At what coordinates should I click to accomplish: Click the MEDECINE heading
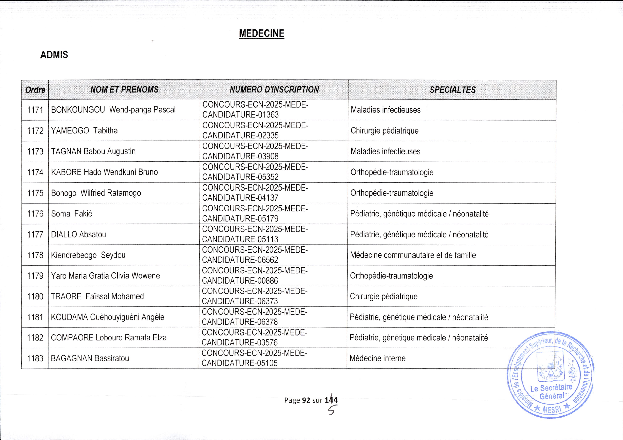[261, 33]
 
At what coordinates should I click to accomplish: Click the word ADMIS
[54, 55]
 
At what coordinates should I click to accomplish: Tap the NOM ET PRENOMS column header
[124, 90]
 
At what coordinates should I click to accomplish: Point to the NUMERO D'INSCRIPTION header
[274, 90]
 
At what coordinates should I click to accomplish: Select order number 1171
[35, 110]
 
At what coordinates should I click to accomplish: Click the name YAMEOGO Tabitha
[84, 131]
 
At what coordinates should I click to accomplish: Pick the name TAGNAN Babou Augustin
[93, 151]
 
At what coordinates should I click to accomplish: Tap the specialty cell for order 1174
[392, 172]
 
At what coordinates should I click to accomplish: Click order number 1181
[35, 317]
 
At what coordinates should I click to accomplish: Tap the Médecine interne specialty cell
[377, 358]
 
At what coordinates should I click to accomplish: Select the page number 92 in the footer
[306, 400]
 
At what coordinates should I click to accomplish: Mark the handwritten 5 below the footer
[331, 411]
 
